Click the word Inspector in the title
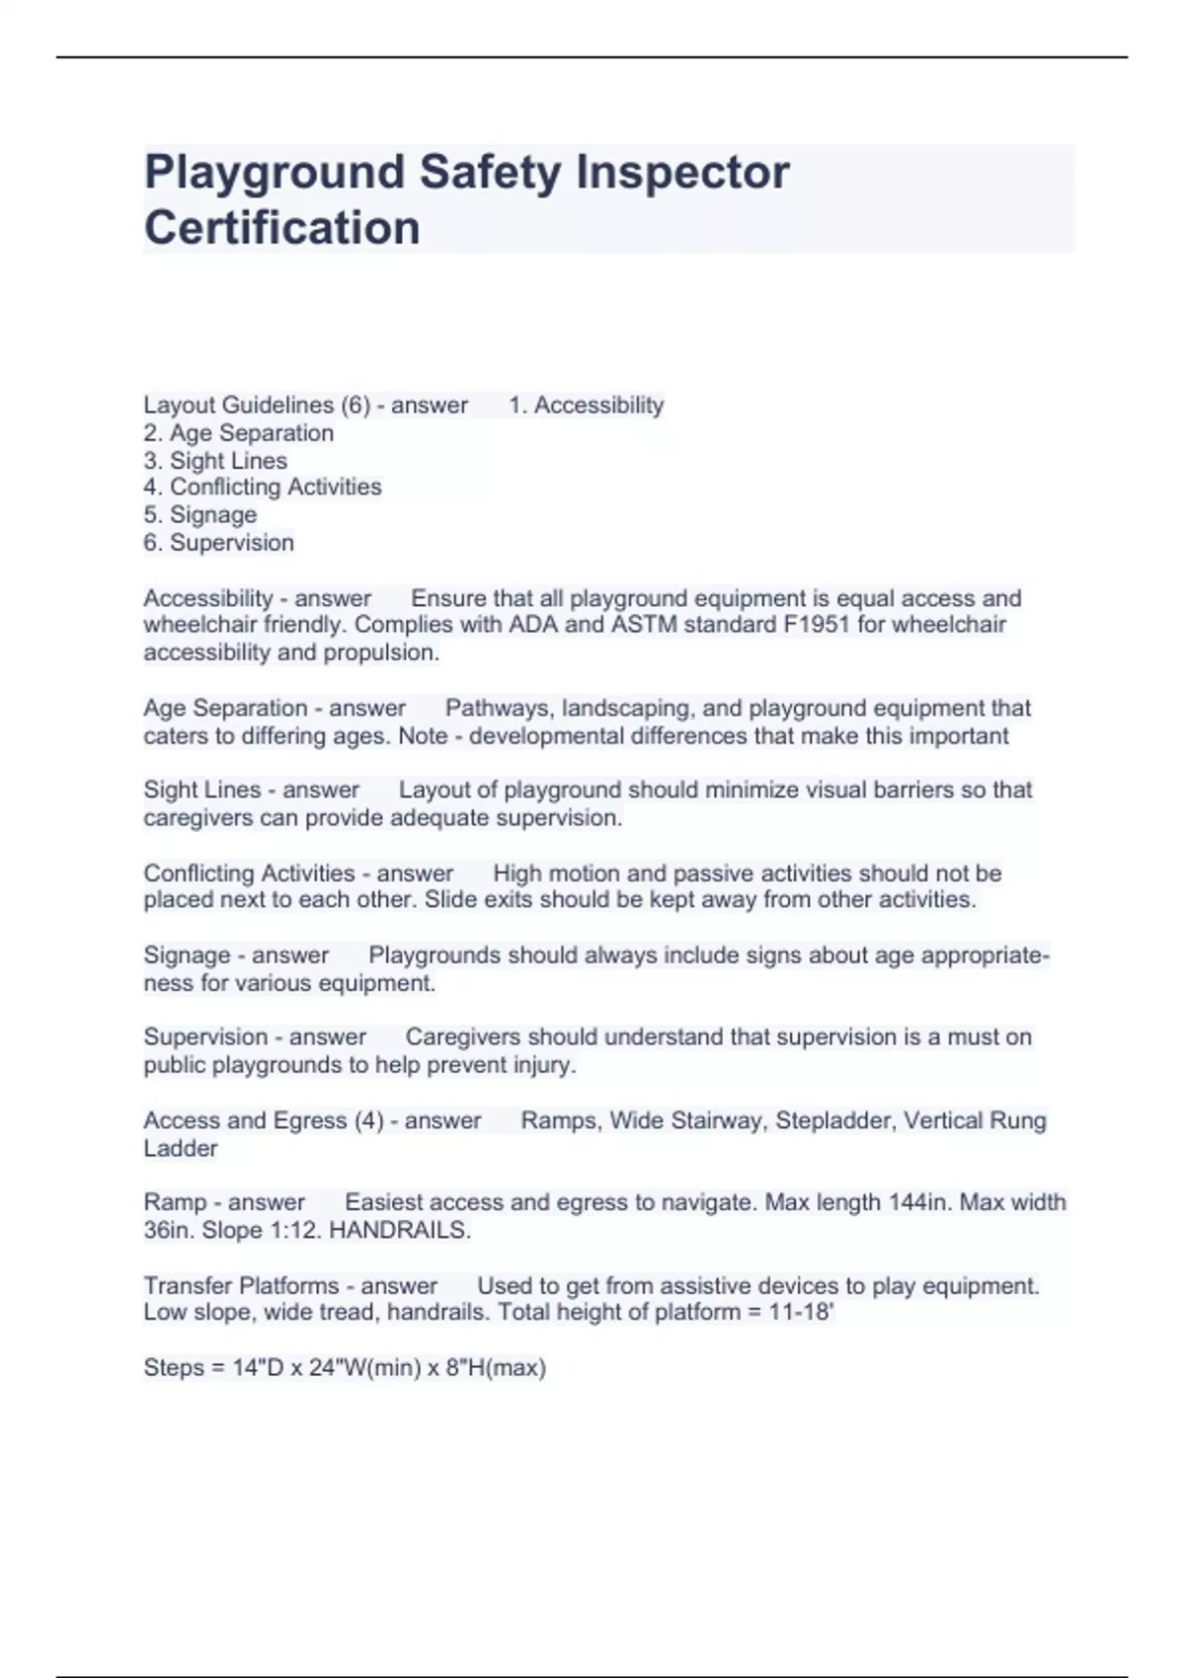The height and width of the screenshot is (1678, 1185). click(682, 172)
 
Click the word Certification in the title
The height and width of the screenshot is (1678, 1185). click(282, 228)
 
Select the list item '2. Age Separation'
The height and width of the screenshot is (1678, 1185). click(238, 433)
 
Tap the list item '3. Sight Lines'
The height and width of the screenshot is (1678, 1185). click(215, 461)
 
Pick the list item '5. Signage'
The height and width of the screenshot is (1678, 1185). click(199, 515)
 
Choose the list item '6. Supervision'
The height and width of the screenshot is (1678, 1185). click(218, 543)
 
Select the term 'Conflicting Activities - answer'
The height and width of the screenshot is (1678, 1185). click(298, 874)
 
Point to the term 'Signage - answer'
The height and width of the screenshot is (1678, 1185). click(236, 955)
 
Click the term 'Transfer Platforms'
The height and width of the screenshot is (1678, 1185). click(241, 1286)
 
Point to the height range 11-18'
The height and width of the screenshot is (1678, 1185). click(802, 1313)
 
